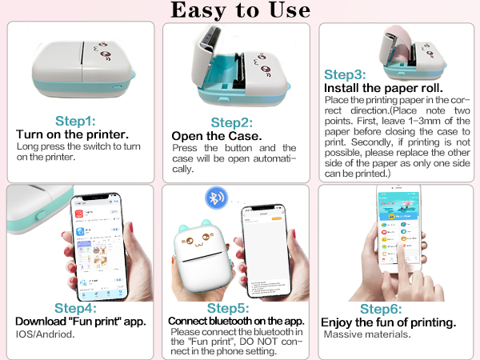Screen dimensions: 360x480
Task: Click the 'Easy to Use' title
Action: click(x=239, y=10)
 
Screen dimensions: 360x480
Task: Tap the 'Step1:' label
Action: click(x=75, y=121)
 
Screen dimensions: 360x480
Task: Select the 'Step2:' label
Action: click(x=233, y=122)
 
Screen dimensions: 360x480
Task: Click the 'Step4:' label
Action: click(x=75, y=308)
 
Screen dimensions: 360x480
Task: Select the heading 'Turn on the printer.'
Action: click(x=72, y=134)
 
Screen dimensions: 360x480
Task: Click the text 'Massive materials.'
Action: click(x=367, y=334)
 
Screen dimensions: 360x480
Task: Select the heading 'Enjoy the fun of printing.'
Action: click(x=388, y=322)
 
